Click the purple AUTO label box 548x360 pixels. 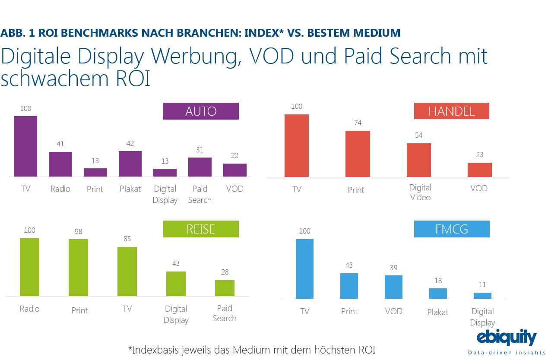pos(201,111)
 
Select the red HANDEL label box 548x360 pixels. pos(451,111)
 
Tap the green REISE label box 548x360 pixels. pos(201,229)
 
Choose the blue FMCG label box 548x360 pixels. pos(452,229)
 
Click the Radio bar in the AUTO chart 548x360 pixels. pos(60,164)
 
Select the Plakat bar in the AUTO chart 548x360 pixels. pos(130,164)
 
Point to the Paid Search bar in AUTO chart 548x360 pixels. pos(200,167)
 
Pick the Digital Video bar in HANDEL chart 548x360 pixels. pos(419,160)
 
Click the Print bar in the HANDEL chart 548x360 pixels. pos(358,154)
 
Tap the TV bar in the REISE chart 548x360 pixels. pos(127,272)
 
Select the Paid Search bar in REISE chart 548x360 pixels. pos(225,288)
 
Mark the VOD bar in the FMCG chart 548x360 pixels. pos(393,287)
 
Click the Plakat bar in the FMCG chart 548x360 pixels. pos(438,294)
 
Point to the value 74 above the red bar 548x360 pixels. pos(357,123)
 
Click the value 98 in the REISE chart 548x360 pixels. pos(78,231)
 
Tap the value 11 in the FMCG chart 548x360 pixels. pos(482,284)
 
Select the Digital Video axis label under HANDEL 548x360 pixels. pos(420,193)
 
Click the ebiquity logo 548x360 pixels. pos(506,338)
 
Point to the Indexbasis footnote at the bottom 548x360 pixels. pos(252,350)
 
